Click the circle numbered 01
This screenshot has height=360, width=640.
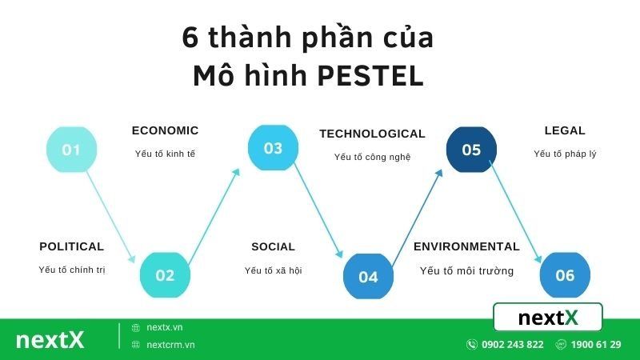71,149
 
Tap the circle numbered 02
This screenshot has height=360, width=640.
165,275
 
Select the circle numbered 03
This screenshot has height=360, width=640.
273,148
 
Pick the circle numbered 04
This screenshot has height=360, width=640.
368,277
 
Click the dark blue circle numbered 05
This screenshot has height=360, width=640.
471,150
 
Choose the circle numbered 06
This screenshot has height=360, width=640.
565,275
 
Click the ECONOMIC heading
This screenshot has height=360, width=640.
165,130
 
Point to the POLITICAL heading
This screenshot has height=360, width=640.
71,246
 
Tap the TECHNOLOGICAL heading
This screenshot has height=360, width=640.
372,134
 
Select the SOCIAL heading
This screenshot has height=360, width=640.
273,246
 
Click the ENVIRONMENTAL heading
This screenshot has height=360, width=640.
466,246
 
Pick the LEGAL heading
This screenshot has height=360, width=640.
565,130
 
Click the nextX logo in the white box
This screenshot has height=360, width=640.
548,318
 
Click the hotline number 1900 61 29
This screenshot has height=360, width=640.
597,345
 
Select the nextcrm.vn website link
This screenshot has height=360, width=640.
170,345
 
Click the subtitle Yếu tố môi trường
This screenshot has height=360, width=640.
466,271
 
